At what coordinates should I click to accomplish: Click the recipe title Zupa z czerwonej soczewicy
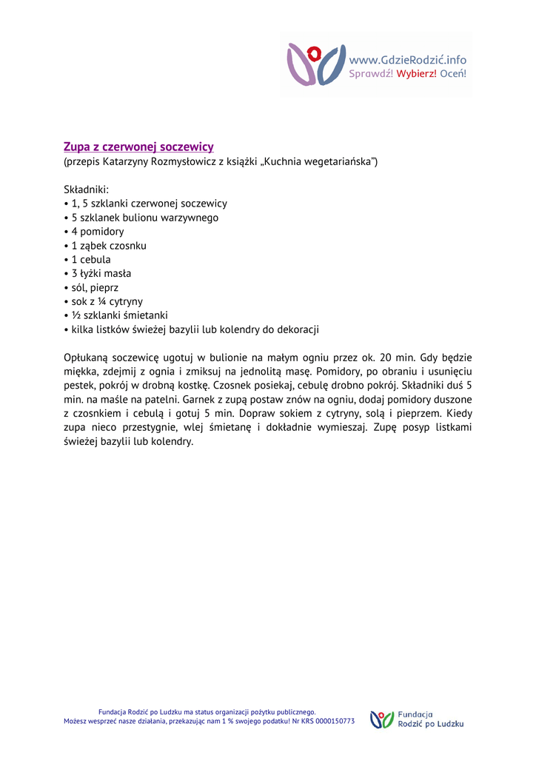click(138, 147)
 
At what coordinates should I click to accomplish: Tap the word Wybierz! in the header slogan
click(417, 73)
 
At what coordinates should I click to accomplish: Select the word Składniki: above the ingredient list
click(86, 189)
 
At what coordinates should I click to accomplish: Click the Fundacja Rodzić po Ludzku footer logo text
click(430, 720)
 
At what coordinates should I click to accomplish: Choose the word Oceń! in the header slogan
click(453, 73)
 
